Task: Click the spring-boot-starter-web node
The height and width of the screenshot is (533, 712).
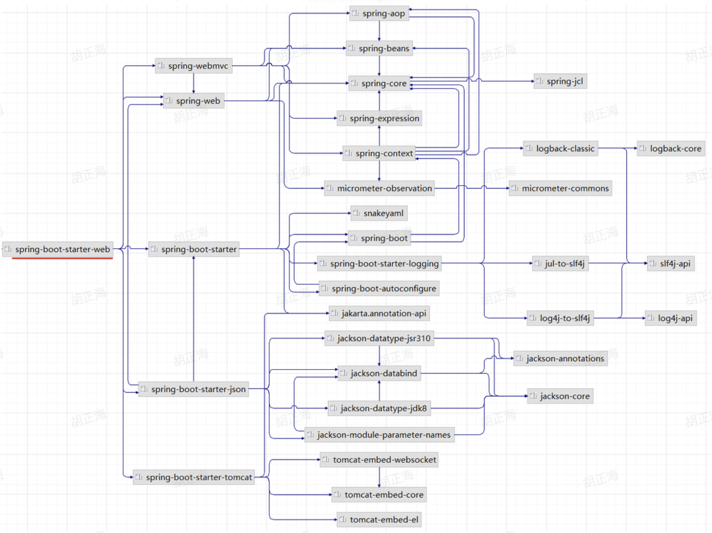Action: [x=58, y=249]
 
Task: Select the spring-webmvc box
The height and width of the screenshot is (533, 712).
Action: [x=194, y=66]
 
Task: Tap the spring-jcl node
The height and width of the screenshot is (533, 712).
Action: [x=560, y=81]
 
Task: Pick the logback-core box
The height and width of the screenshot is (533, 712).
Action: [x=671, y=149]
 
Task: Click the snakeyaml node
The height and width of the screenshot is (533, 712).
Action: [x=379, y=213]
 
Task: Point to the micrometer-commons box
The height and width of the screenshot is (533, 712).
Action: [x=560, y=188]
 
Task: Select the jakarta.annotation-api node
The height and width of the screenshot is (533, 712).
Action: [x=379, y=313]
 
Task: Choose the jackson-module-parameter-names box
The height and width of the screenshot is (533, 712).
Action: [x=379, y=435]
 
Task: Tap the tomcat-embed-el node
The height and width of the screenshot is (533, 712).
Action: [x=379, y=520]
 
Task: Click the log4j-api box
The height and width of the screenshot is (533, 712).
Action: [x=671, y=318]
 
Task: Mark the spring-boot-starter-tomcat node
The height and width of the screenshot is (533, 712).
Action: [x=194, y=477]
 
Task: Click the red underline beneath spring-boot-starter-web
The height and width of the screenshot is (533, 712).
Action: [x=63, y=258]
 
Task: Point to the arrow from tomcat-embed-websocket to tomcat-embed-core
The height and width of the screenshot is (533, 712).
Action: [x=379, y=477]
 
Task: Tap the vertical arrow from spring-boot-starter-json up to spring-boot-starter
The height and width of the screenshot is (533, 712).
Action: [x=194, y=322]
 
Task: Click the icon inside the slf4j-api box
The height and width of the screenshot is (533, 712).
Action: [x=653, y=263]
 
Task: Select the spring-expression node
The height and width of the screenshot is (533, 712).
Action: [x=379, y=118]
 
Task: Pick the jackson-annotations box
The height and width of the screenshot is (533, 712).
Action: [x=560, y=359]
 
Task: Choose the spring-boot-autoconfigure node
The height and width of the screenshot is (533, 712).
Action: [x=379, y=289]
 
